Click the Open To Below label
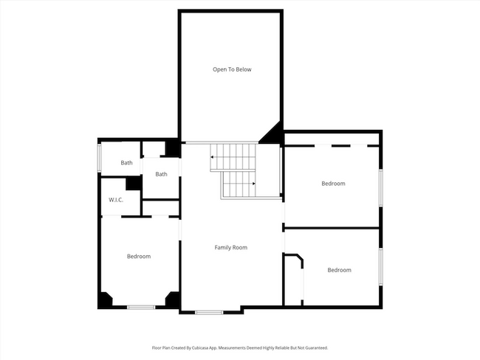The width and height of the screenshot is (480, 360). (232, 69)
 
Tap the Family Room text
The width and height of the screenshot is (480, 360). (230, 247)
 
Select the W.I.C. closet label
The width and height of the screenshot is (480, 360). (115, 200)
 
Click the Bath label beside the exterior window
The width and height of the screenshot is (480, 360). (126, 162)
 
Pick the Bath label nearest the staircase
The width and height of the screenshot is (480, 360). (161, 174)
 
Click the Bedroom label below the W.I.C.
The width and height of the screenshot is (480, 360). (138, 256)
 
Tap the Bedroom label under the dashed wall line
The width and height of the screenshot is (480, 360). (332, 183)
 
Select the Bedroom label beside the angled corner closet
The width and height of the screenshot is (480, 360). (339, 270)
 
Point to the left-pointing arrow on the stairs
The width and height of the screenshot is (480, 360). (213, 156)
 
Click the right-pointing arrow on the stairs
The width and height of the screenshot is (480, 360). (253, 183)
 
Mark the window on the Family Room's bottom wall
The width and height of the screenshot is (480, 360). (209, 312)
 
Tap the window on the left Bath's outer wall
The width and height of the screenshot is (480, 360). (100, 157)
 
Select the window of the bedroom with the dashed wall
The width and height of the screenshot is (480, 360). (380, 188)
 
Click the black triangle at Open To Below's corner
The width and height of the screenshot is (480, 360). (272, 134)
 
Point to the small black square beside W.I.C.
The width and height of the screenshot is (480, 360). (133, 184)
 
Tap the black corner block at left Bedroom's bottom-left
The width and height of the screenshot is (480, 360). (105, 300)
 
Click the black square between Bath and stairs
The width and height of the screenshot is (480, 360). (172, 148)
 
